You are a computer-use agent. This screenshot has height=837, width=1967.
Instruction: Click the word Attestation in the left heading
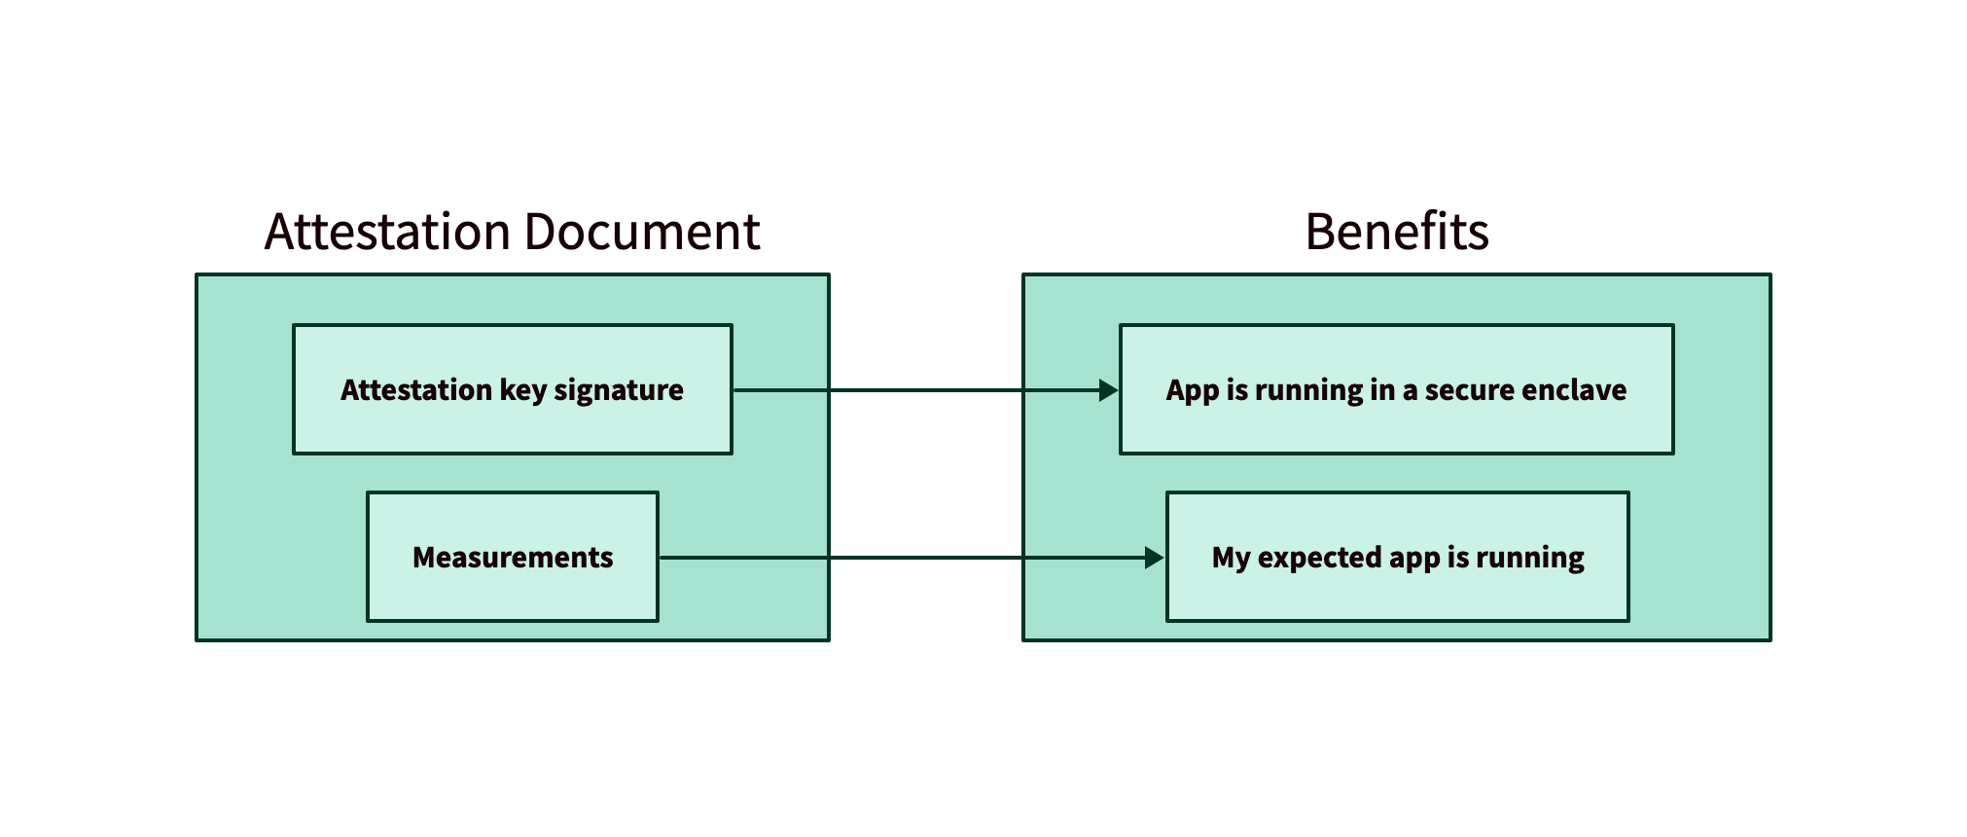point(387,233)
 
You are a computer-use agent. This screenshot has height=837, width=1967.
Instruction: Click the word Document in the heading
point(641,233)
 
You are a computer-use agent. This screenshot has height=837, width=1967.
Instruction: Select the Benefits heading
point(1396,233)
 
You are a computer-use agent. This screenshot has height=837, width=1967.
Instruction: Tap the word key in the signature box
point(522,390)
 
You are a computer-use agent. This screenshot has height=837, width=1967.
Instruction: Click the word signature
point(618,390)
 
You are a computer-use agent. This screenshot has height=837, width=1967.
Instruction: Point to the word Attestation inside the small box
point(416,390)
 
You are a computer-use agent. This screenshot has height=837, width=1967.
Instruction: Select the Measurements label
point(513,558)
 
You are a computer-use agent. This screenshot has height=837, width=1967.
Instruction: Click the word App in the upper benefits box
point(1192,390)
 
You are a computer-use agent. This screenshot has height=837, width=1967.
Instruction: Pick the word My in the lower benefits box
point(1230,558)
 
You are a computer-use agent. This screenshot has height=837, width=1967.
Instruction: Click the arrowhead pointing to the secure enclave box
point(1108,390)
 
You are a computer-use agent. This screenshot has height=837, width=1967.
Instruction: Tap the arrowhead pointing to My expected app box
point(1154,558)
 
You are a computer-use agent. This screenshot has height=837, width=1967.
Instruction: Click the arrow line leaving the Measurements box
point(876,558)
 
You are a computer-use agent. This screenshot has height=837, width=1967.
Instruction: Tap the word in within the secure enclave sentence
point(1381,390)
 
